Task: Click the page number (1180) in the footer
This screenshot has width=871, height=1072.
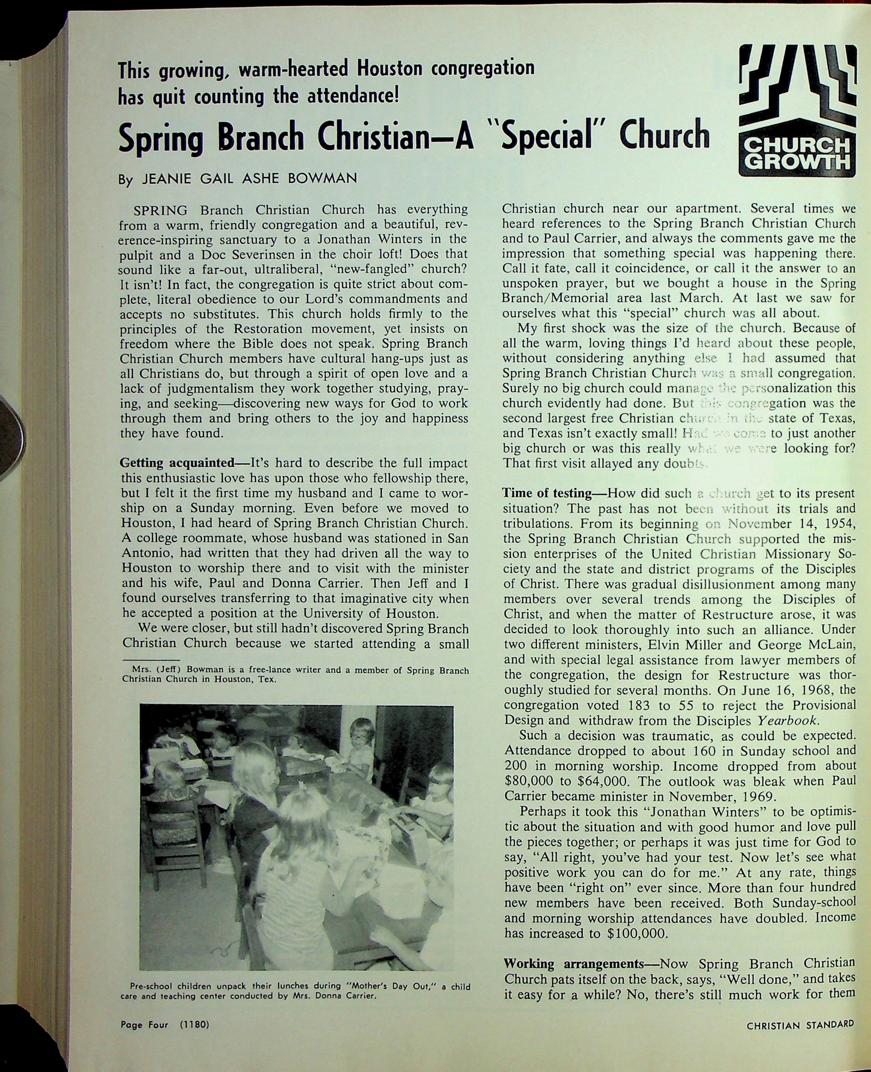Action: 194,1038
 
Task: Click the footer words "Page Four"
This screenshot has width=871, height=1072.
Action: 144,1038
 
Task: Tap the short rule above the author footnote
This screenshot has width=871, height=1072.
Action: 151,660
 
